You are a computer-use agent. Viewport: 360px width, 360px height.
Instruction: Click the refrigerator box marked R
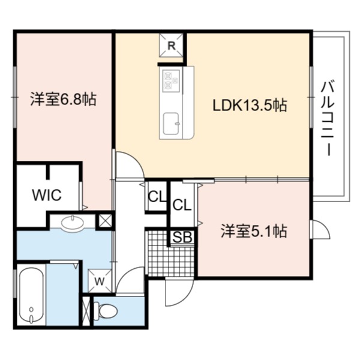[x=172, y=46]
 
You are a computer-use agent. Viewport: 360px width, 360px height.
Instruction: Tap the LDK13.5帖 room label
[x=250, y=106]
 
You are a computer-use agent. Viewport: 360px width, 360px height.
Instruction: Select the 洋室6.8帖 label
[x=63, y=99]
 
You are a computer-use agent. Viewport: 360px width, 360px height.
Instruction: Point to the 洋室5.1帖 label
[x=254, y=231]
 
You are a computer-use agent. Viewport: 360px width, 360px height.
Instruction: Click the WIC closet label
[x=47, y=195]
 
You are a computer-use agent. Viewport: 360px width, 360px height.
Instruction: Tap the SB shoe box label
[x=182, y=237]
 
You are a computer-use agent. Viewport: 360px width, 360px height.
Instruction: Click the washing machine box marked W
[x=100, y=281]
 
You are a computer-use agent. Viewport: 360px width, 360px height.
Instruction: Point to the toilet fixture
[x=106, y=311]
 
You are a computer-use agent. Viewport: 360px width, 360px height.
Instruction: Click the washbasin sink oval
[x=73, y=221]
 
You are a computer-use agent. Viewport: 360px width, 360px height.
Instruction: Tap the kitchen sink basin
[x=171, y=124]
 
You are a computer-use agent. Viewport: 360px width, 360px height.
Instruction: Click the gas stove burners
[x=171, y=80]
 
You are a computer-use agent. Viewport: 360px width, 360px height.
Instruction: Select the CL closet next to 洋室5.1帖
[x=182, y=205]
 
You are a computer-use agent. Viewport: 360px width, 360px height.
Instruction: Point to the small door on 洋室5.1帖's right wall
[x=320, y=229]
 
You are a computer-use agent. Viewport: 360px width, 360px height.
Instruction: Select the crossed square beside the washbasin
[x=104, y=221]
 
